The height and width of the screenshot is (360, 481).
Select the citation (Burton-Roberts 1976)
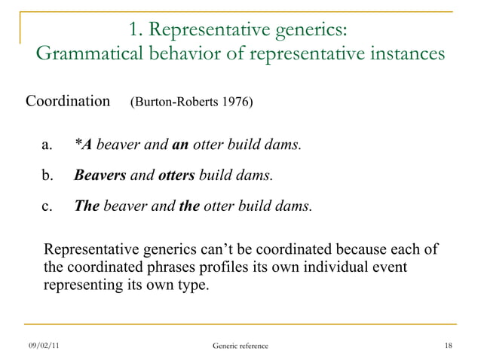pos(191,102)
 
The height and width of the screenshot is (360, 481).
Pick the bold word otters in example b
pos(176,175)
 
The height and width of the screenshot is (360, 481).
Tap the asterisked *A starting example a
pos(83,144)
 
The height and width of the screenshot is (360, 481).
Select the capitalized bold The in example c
pos(87,206)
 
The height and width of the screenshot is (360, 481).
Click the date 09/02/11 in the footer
pos(44,345)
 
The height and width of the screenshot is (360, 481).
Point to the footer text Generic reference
pos(240,345)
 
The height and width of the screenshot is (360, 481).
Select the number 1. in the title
pos(136,29)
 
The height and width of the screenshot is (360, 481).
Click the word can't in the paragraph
pos(225,249)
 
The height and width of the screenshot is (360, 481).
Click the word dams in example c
pos(294,206)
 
